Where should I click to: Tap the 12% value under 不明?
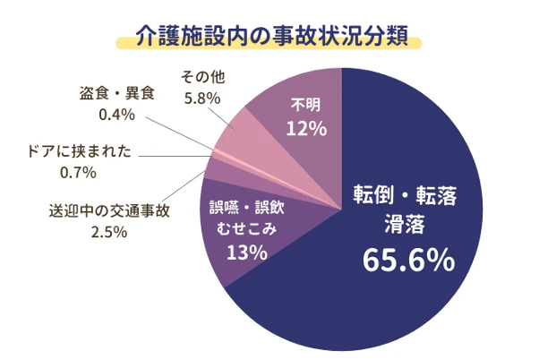(305, 128)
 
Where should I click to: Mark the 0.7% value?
(79, 170)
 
